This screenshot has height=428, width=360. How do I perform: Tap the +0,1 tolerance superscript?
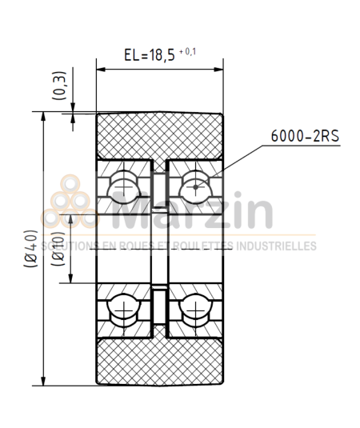[x=190, y=51]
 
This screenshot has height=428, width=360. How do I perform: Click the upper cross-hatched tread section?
[x=159, y=134]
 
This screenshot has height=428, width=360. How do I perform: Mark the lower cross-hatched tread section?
[x=159, y=361]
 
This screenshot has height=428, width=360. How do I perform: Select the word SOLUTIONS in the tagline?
[x=71, y=246]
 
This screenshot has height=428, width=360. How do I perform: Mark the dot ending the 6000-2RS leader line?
[x=197, y=187]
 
